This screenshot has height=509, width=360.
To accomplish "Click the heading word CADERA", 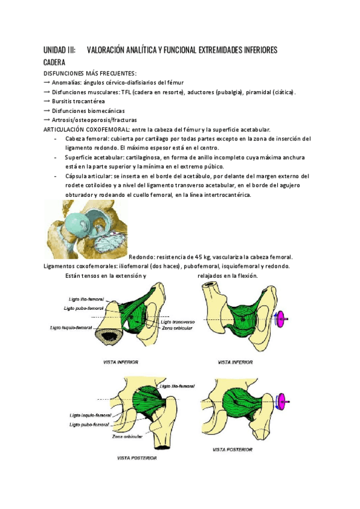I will (55, 62).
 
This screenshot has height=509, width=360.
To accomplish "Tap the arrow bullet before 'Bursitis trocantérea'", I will (47, 101).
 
